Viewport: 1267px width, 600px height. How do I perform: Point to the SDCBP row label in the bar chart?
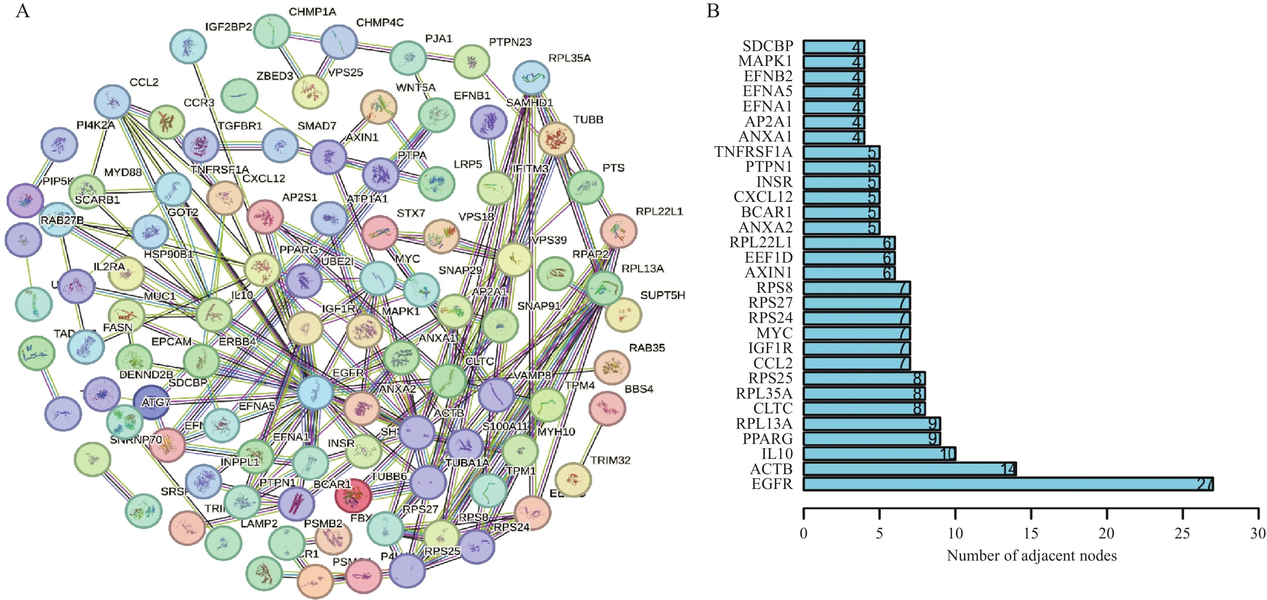pyautogui.click(x=768, y=46)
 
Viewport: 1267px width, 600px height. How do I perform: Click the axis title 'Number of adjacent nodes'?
pyautogui.click(x=1031, y=556)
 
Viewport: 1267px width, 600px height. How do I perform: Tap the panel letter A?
pyautogui.click(x=23, y=11)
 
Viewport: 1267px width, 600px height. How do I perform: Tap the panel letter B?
pyautogui.click(x=713, y=11)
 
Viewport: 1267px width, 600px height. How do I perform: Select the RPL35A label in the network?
pyautogui.click(x=569, y=58)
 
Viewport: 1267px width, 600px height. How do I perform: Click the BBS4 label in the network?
pyautogui.click(x=638, y=389)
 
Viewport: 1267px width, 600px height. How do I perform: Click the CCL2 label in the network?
pyautogui.click(x=144, y=82)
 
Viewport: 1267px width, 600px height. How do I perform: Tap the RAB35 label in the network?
pyautogui.click(x=647, y=348)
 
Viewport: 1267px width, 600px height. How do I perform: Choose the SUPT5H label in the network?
pyautogui.click(x=662, y=295)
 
